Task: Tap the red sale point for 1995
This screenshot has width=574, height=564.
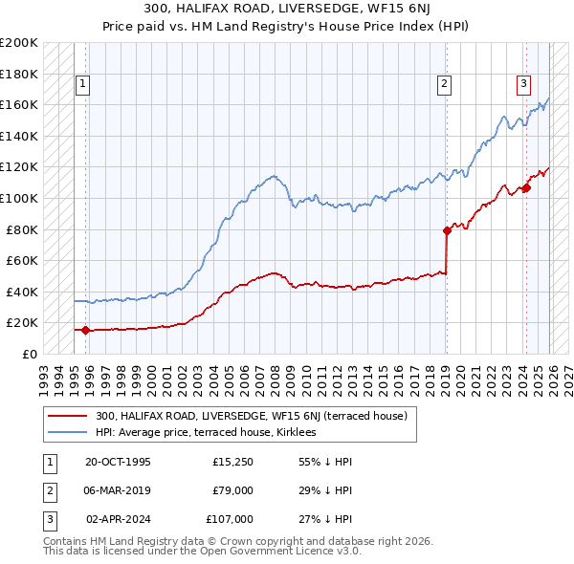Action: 86,331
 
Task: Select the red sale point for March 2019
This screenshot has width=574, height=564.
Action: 447,230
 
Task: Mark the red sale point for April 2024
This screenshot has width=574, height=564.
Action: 526,187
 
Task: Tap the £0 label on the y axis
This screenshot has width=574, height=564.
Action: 29,354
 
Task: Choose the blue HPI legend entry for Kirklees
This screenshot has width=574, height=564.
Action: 212,432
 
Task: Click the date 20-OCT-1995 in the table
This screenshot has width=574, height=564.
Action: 118,463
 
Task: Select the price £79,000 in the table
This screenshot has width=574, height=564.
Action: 232,490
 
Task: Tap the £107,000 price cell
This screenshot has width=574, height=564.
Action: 230,519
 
